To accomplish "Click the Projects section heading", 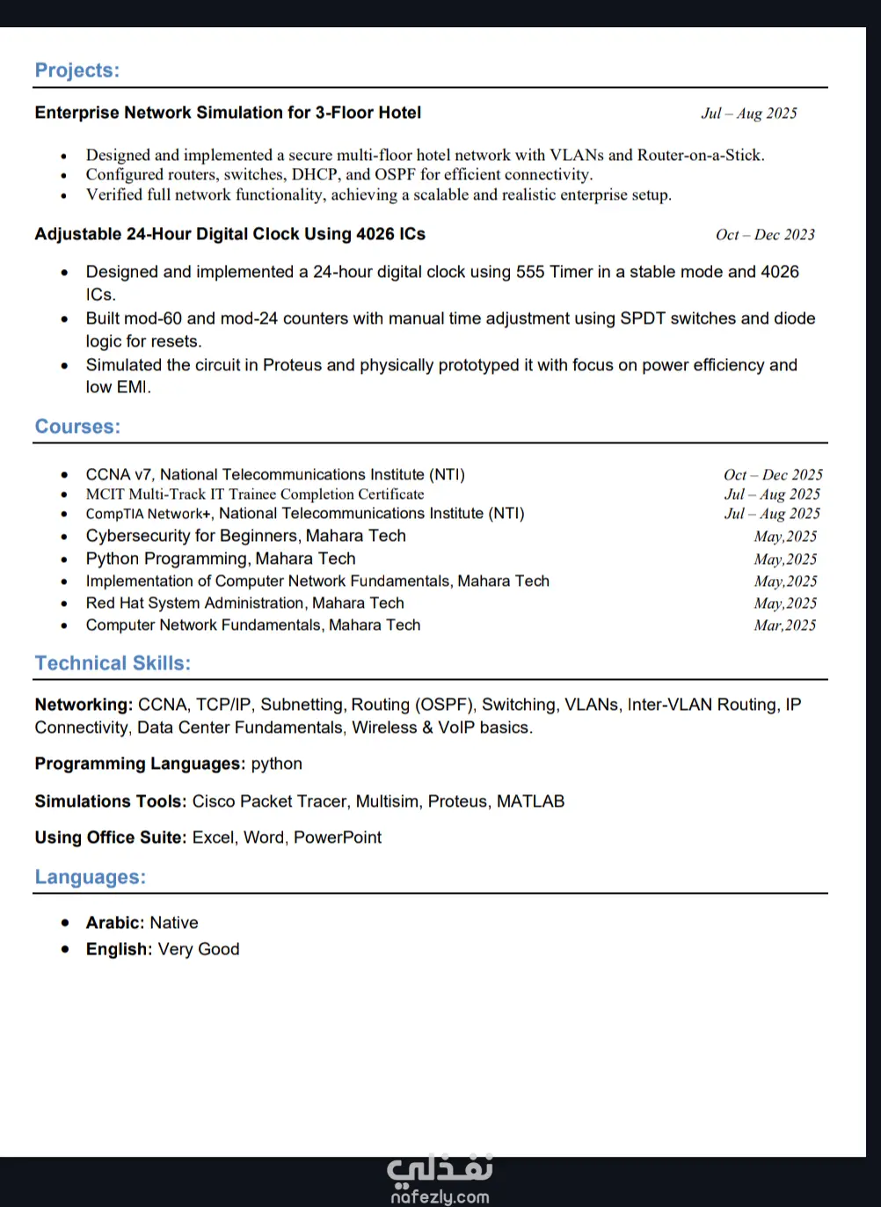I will click(77, 70).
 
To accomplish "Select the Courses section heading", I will click(77, 427).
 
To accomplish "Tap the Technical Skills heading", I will click(113, 663).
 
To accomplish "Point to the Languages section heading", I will click(91, 877).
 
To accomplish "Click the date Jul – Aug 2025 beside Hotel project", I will click(749, 113).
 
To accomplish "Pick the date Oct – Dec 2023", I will click(765, 235).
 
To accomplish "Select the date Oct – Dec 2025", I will click(773, 475).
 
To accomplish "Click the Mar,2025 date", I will click(784, 625).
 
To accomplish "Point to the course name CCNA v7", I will click(119, 475).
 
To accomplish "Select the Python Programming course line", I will click(221, 559).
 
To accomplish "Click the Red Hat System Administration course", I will click(244, 603).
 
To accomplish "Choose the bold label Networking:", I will click(84, 705).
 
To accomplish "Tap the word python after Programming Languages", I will click(276, 764).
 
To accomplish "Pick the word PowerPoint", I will click(338, 838).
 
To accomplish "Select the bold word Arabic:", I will click(114, 923).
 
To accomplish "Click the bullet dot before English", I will click(65, 949).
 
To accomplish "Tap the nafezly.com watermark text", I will click(440, 1196).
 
